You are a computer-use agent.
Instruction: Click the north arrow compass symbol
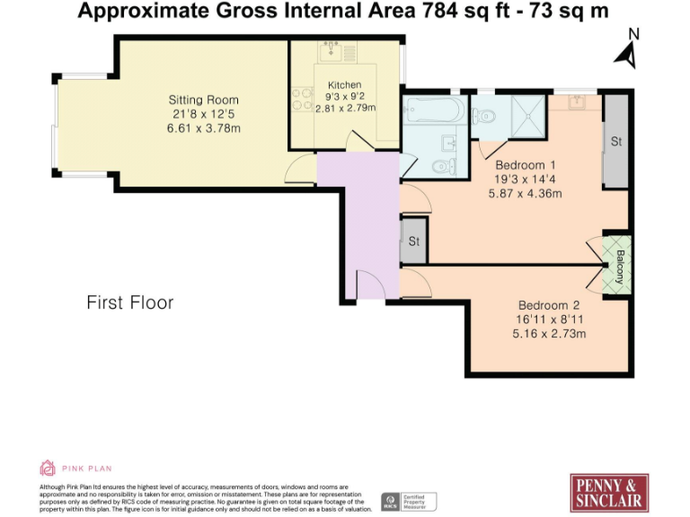tap(628, 50)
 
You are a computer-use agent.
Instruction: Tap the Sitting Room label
tap(204, 100)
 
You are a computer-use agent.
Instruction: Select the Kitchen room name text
tap(344, 85)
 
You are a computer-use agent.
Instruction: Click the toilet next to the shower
tap(485, 113)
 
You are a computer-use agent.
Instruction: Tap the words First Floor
tap(130, 302)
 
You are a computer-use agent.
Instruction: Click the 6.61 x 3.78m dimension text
tap(204, 128)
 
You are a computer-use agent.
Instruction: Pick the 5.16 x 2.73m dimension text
tap(549, 334)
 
